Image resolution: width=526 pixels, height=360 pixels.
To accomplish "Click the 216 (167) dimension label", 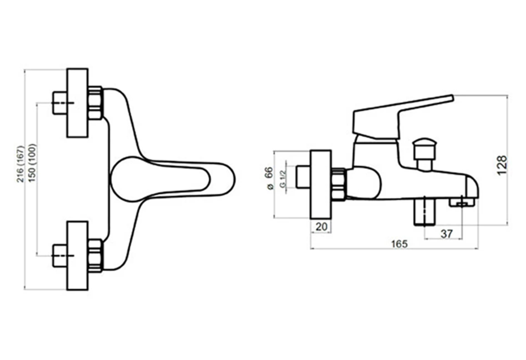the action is pos(21,164).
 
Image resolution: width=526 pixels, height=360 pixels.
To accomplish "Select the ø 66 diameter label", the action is pos(270,178).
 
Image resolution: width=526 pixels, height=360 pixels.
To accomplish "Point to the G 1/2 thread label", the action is pos(283,179).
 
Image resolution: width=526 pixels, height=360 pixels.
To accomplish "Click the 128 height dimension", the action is pos(502,165).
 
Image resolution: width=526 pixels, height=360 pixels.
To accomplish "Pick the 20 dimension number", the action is pos(321,227).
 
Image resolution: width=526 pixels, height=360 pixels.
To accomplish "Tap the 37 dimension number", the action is pos(446,234).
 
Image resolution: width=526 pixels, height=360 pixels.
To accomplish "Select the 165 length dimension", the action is pos(399,244).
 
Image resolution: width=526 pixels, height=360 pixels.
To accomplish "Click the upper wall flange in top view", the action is pos(78,103).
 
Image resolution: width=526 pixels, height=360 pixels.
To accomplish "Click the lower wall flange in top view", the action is pos(78,256).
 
